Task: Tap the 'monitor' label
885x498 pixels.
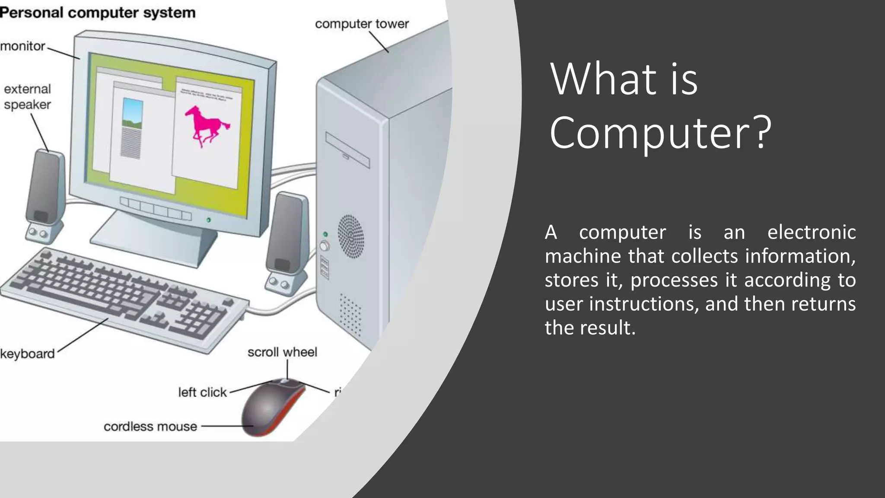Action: coord(22,46)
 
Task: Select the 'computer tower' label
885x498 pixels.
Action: coord(362,24)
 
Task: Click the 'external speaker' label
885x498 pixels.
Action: coord(27,97)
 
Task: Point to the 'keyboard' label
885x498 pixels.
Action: coord(28,354)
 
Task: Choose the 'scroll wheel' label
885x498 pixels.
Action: coord(282,352)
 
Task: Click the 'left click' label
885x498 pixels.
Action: coord(202,392)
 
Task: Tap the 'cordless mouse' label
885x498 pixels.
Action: coord(150,427)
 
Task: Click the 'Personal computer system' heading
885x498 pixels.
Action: coord(98,13)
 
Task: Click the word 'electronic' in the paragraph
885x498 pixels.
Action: coord(811,232)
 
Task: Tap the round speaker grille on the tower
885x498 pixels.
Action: coord(350,236)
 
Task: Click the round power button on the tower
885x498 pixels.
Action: coord(325,246)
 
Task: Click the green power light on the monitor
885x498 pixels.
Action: coord(209,220)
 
